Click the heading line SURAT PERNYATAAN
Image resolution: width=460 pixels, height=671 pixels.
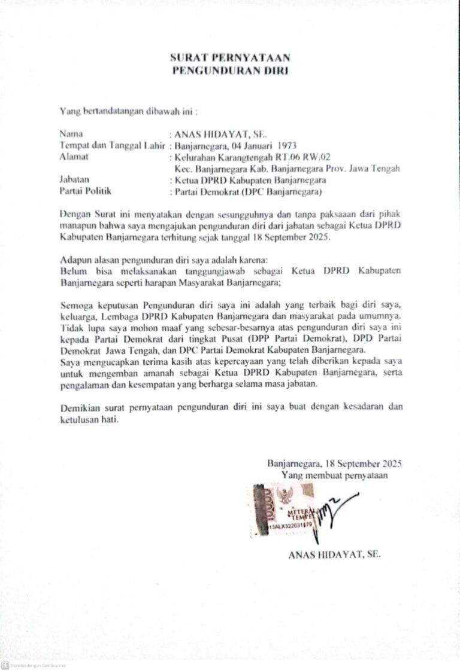230,58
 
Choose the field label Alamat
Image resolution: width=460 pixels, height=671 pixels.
72,157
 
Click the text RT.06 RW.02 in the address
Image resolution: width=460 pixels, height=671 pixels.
302,157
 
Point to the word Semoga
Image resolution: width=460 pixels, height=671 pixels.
78,304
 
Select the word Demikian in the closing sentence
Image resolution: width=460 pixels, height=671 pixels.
80,407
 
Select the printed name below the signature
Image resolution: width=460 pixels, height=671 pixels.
334,554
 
